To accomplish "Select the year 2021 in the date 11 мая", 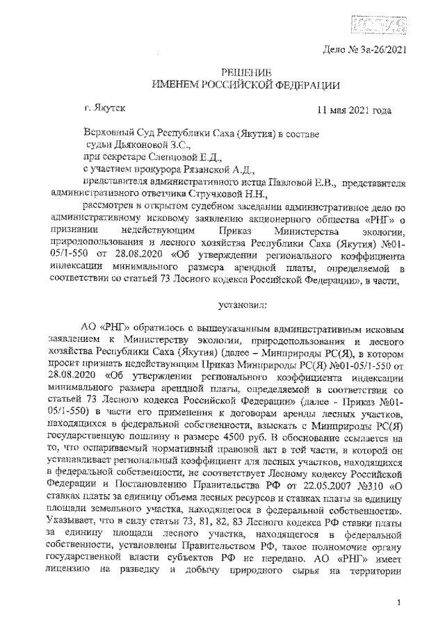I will (361, 111).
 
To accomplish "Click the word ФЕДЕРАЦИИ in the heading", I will (307, 85).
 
